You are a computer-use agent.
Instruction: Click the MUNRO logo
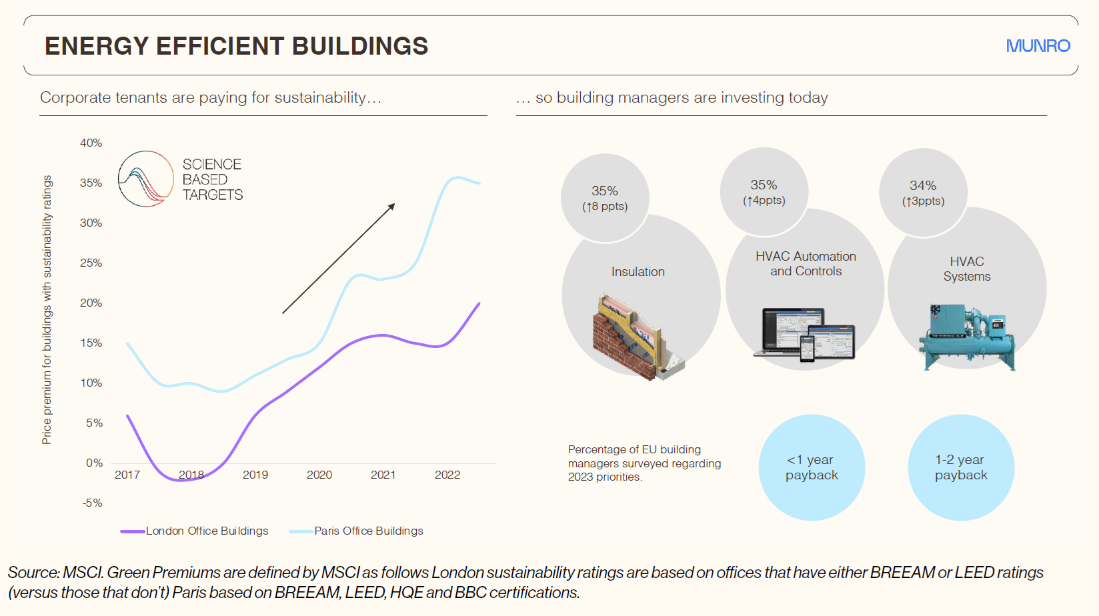pyautogui.click(x=1038, y=46)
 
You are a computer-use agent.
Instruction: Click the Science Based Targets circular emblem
pyautogui.click(x=146, y=179)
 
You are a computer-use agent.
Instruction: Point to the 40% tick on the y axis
pyautogui.click(x=91, y=143)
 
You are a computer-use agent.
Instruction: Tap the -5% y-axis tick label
pyautogui.click(x=93, y=503)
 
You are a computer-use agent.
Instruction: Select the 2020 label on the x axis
pyautogui.click(x=319, y=475)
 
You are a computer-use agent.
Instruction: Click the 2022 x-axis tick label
pyautogui.click(x=447, y=475)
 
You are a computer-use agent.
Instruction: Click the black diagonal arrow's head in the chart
pyautogui.click(x=392, y=206)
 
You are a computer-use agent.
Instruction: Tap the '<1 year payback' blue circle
pyautogui.click(x=812, y=467)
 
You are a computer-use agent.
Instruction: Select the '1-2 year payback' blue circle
pyautogui.click(x=961, y=467)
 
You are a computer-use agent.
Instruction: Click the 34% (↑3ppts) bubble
pyautogui.click(x=923, y=193)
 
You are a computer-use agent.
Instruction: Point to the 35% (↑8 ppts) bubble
pyautogui.click(x=605, y=198)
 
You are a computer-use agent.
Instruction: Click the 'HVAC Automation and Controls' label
pyautogui.click(x=806, y=264)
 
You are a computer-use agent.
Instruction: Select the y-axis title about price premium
pyautogui.click(x=47, y=309)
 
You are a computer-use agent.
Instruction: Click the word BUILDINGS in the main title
pyautogui.click(x=360, y=46)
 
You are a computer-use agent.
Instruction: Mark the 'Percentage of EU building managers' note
pyautogui.click(x=644, y=463)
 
